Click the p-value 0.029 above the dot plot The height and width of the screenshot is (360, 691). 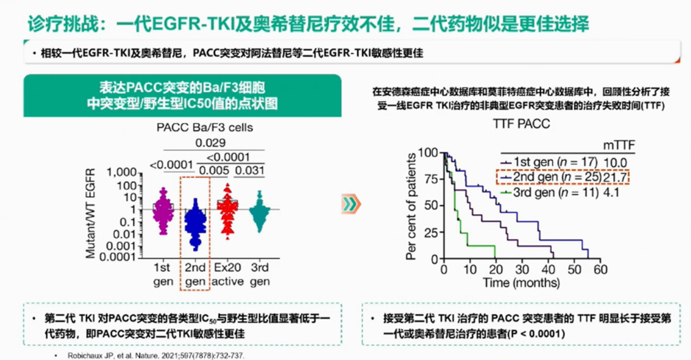[x=210, y=143]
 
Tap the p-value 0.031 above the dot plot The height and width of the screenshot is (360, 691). [x=250, y=170]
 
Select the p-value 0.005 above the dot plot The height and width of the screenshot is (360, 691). [x=214, y=170]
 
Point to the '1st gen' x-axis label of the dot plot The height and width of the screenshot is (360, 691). [x=163, y=274]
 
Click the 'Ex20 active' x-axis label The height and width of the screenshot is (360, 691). [x=227, y=274]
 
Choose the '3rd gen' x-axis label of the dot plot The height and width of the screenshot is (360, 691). [x=260, y=274]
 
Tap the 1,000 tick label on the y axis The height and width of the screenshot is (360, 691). [x=122, y=173]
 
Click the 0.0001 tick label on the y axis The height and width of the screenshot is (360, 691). [x=118, y=257]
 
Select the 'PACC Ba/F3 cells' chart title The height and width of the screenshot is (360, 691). [x=205, y=128]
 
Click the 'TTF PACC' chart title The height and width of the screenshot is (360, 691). [x=521, y=124]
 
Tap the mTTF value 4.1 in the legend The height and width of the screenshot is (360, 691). [x=611, y=192]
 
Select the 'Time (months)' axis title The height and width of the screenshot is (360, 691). [x=521, y=283]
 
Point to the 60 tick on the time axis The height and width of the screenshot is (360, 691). [x=600, y=270]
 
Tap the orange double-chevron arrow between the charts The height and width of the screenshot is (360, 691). [x=351, y=204]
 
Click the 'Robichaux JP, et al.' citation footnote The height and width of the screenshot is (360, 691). [x=156, y=356]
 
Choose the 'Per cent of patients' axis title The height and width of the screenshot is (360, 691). [x=411, y=207]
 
